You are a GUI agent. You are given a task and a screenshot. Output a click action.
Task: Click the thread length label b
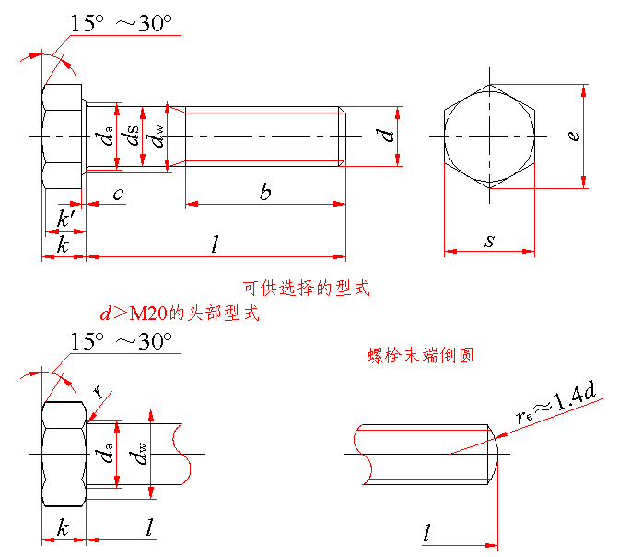click(265, 192)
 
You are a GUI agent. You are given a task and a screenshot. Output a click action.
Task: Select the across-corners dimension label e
click(574, 136)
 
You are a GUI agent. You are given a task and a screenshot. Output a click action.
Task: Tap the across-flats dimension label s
click(489, 241)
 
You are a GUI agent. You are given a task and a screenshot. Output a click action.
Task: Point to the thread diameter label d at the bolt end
click(387, 136)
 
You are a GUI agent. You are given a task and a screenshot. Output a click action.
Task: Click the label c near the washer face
click(118, 195)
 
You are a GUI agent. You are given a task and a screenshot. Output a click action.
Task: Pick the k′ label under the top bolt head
click(65, 219)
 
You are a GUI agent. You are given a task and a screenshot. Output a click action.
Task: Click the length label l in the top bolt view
click(216, 244)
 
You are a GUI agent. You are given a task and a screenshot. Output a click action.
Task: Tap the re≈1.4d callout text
click(555, 402)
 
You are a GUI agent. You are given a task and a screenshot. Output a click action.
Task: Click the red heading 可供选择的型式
click(306, 289)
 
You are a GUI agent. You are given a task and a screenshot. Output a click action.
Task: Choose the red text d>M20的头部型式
click(180, 313)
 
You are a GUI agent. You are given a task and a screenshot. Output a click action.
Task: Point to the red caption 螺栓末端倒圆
click(420, 356)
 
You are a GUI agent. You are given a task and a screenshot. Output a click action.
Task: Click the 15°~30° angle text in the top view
click(122, 23)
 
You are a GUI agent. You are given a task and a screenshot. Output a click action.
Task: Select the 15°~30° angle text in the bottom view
click(122, 341)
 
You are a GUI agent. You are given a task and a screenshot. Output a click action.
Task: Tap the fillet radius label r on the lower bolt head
click(98, 390)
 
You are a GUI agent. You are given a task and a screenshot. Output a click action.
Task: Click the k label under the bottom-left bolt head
click(63, 527)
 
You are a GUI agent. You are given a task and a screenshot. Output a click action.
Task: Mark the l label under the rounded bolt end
click(427, 532)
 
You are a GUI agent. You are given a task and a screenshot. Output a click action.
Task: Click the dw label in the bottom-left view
click(138, 454)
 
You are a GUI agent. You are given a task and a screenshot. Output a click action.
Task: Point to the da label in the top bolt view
click(104, 136)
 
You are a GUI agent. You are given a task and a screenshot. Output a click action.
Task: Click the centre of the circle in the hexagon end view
click(489, 136)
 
